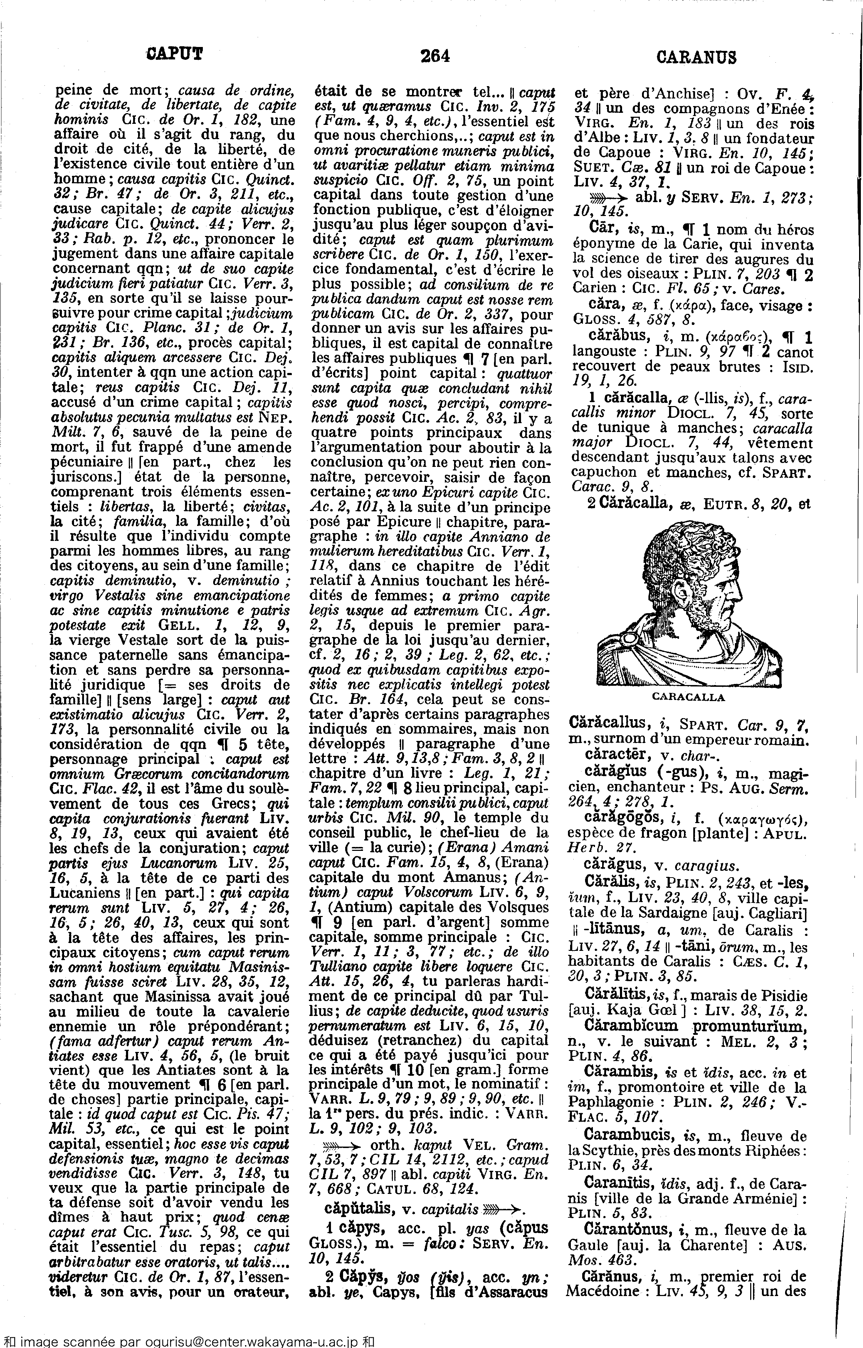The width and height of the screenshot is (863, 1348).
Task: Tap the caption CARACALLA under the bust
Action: [x=688, y=697]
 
